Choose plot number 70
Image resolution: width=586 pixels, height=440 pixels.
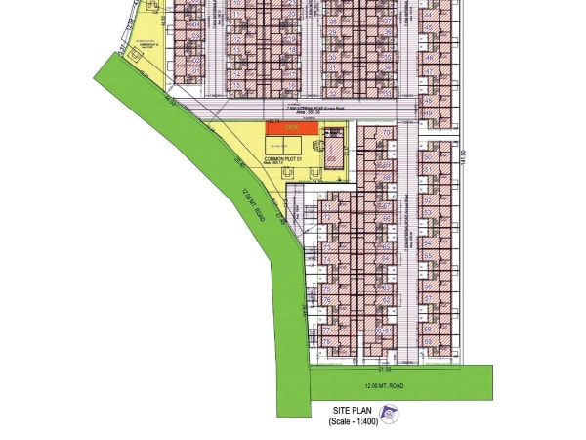click(387, 132)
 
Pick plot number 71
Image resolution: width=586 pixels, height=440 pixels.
click(326, 207)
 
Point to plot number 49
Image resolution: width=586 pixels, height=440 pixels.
click(428, 113)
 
